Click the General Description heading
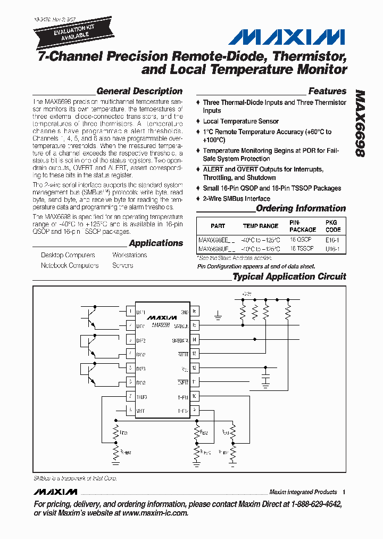tap(139, 91)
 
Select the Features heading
tap(327, 91)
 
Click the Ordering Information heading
tap(301, 208)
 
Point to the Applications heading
tap(156, 243)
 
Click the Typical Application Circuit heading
tap(289, 276)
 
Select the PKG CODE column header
tap(332, 226)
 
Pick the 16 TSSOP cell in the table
tap(301, 249)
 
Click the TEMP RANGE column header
tap(261, 226)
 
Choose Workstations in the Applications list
tap(130, 255)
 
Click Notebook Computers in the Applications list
tap(70, 265)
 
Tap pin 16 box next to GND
tap(195, 312)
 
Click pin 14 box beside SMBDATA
tap(195, 339)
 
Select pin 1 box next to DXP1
tap(130, 312)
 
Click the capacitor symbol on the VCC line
tap(265, 379)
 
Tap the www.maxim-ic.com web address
tap(155, 513)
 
